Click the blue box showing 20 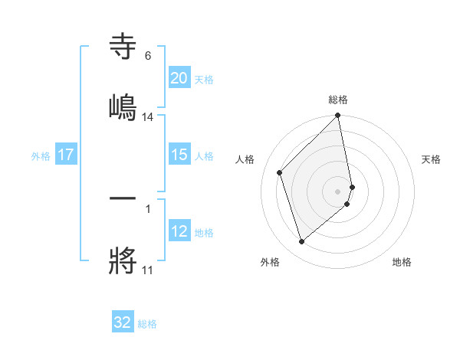pos(179,77)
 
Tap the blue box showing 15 pos(179,155)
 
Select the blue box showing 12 pos(179,231)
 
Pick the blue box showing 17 pos(66,155)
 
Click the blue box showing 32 pos(123,322)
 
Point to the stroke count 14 pos(148,117)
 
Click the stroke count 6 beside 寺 pos(147,56)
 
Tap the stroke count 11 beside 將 pos(147,270)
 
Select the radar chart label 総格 pos(338,100)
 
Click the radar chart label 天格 pos(432,159)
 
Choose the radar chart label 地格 pos(402,262)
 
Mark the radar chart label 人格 pos(245,159)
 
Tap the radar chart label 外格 pos(270,262)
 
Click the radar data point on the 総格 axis pos(338,116)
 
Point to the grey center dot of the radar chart pos(338,190)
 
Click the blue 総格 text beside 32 pos(147,324)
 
